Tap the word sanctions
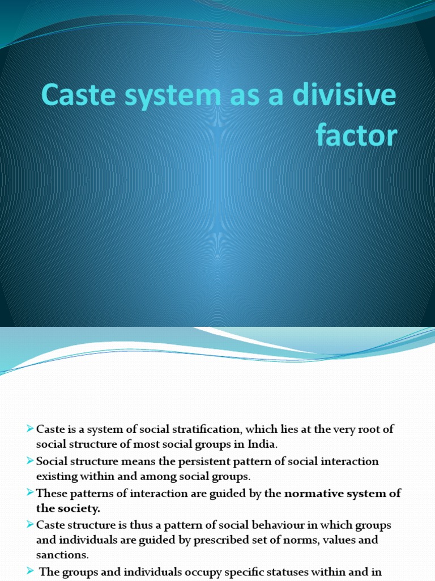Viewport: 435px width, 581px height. click(62, 554)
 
